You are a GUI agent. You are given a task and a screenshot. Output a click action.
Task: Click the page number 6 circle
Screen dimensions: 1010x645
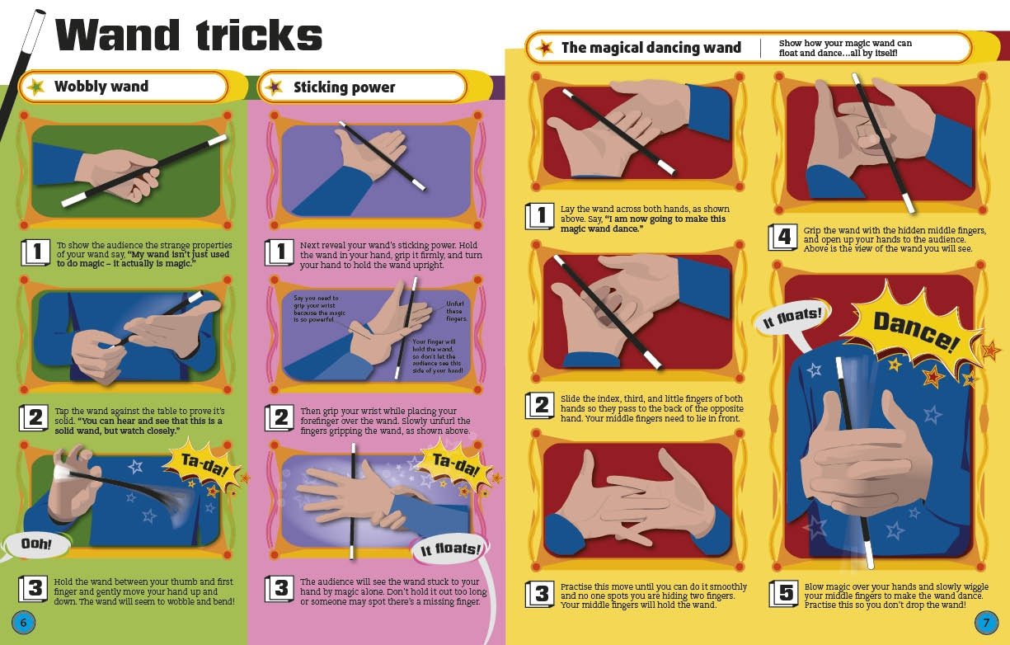23,623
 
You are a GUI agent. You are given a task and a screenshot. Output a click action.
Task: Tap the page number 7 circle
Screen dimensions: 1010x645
986,623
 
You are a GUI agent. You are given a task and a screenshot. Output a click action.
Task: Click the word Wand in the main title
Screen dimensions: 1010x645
117,35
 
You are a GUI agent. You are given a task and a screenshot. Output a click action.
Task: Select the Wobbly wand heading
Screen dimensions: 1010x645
101,86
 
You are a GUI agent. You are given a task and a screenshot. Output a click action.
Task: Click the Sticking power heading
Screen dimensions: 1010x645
344,87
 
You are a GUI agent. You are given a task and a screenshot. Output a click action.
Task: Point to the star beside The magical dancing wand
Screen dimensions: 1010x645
545,47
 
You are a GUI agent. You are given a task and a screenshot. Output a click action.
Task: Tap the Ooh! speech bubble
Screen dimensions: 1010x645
36,544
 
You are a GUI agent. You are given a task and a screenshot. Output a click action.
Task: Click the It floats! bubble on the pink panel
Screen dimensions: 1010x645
450,549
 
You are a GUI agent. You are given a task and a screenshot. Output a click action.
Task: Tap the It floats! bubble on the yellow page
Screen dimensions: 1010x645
792,318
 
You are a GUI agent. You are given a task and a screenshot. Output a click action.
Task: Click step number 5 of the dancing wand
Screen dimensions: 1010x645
783,593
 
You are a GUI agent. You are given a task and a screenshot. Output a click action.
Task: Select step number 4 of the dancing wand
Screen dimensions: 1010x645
783,237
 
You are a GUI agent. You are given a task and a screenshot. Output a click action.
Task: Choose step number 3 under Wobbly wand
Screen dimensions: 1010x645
34,589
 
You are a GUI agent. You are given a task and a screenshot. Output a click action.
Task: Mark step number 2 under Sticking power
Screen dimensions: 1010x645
280,417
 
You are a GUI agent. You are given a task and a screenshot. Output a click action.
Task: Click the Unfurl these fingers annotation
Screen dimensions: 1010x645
456,311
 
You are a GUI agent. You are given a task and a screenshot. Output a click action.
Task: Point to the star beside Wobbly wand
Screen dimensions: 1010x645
36,87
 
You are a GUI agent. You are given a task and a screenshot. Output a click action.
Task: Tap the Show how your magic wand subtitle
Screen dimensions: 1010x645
845,48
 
